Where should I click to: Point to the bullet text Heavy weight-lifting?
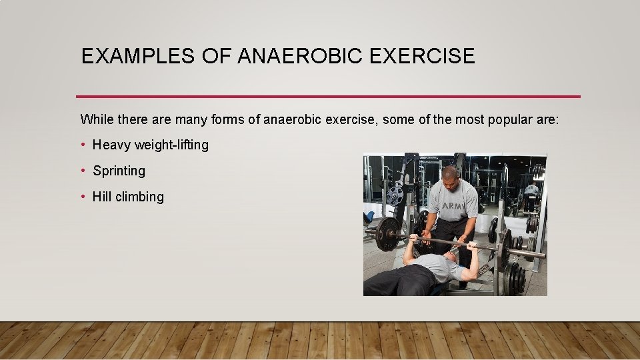point(150,145)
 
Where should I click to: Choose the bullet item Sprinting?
point(119,171)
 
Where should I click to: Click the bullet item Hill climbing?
point(128,197)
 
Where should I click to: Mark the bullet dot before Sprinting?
point(84,171)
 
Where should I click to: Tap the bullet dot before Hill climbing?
point(84,197)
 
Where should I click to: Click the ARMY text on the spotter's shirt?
point(454,207)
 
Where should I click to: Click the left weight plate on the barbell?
point(387,234)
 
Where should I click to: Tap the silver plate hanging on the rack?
point(395,195)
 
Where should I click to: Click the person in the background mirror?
point(531,193)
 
